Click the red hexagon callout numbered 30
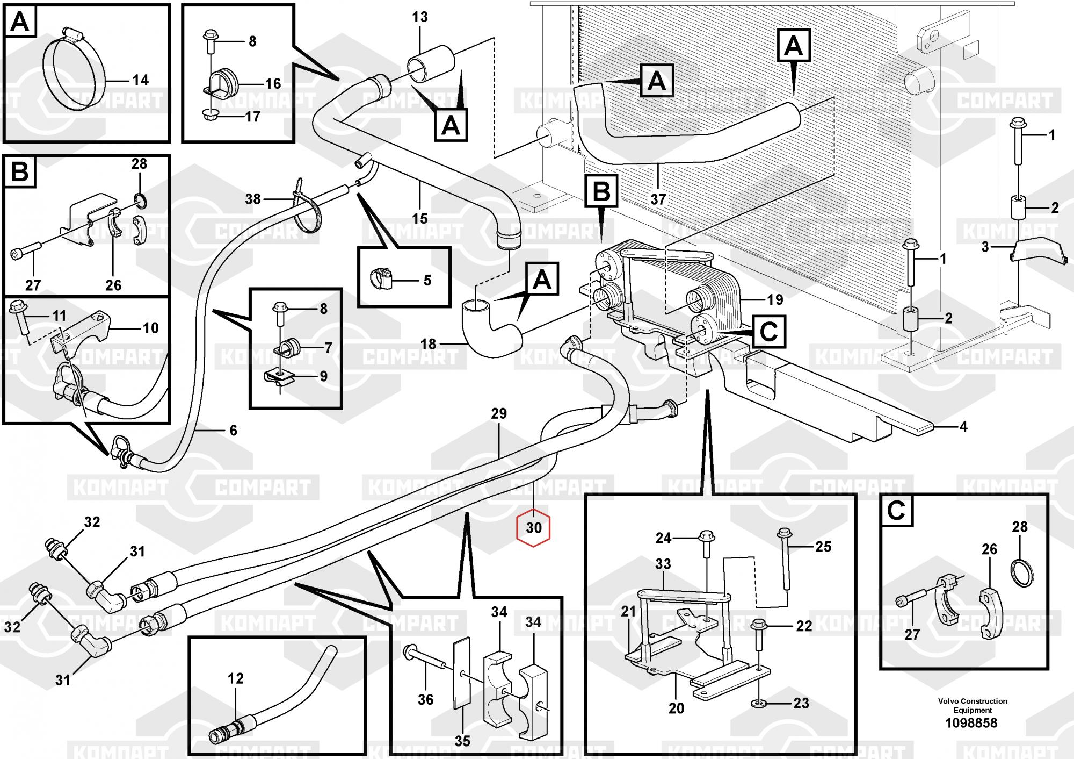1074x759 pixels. point(533,528)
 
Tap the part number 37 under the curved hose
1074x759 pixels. point(658,199)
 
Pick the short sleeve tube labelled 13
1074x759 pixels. point(431,63)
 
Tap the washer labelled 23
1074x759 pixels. point(759,703)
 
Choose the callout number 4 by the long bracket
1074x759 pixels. point(963,426)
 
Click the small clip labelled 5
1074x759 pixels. point(381,278)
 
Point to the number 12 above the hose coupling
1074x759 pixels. point(236,678)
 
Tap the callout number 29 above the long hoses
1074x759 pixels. point(499,413)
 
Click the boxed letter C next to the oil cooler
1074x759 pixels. point(770,331)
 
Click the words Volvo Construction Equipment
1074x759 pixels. point(973,705)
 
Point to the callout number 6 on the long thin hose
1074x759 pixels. point(233,430)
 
